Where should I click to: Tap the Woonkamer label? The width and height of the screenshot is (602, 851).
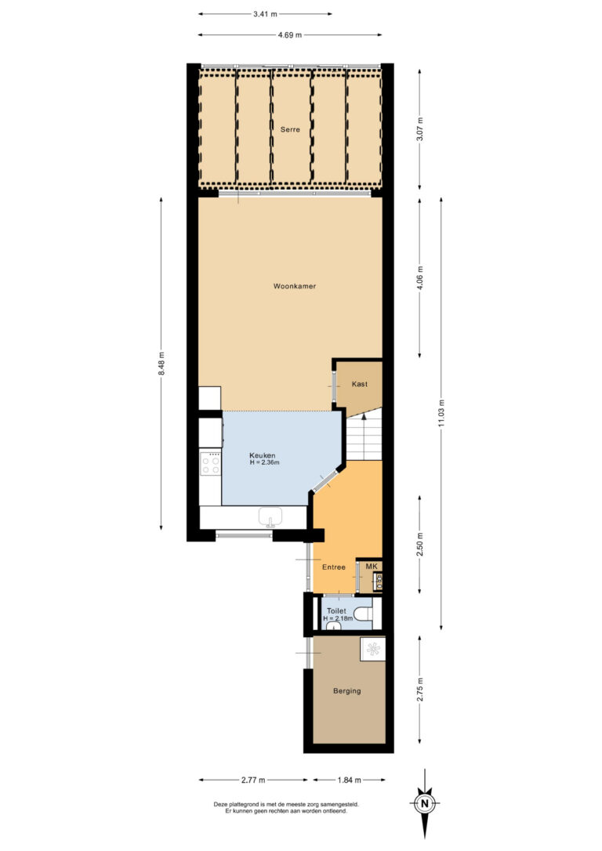click(x=295, y=286)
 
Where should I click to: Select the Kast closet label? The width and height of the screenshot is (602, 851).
click(x=360, y=384)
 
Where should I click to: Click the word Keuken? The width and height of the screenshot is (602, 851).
click(x=262, y=455)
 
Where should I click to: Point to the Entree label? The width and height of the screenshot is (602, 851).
click(x=334, y=567)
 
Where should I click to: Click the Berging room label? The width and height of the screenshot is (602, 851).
click(x=346, y=690)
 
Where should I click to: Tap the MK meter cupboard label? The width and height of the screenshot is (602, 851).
click(x=372, y=566)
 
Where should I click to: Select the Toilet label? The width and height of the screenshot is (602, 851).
click(x=335, y=610)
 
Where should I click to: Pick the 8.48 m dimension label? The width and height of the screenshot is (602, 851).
click(x=161, y=361)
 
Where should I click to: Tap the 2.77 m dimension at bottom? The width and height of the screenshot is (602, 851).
click(x=252, y=780)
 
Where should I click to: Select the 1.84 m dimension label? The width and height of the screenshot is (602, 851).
click(x=350, y=780)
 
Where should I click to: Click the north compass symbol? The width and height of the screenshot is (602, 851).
click(x=424, y=804)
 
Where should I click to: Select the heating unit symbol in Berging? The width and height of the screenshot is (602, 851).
click(x=373, y=648)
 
